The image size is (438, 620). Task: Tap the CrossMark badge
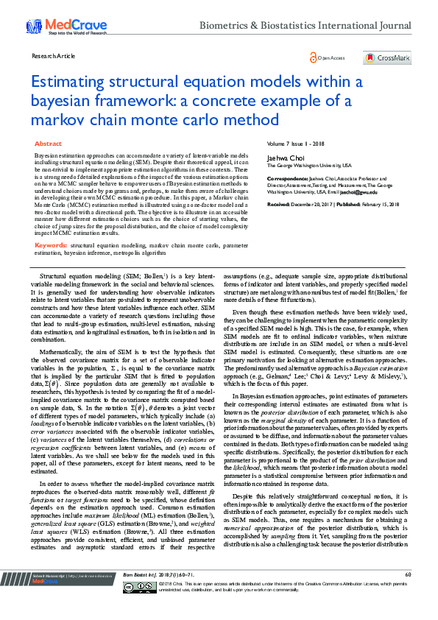(x=392, y=57)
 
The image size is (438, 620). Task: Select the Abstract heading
(x=48, y=144)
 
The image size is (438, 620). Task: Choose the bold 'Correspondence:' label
(x=286, y=177)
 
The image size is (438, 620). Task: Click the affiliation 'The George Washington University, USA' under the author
(x=304, y=166)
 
